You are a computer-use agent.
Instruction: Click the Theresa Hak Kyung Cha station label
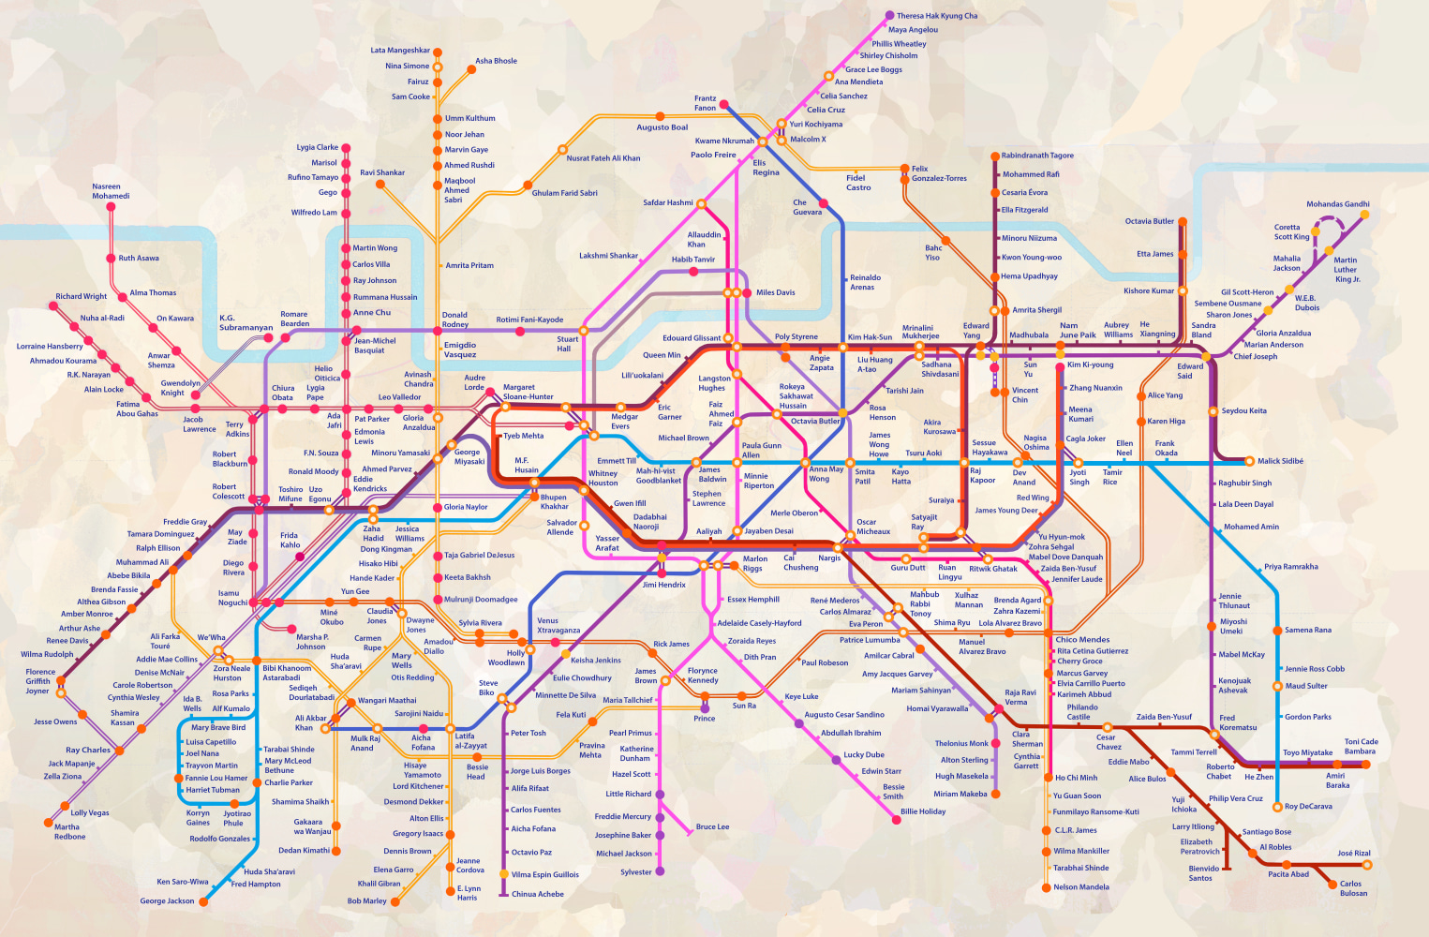point(936,16)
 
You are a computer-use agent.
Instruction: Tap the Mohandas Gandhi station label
point(1337,204)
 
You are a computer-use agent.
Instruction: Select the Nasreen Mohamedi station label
point(111,191)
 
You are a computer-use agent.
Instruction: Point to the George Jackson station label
point(167,901)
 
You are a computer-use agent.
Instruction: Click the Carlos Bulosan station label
point(1353,888)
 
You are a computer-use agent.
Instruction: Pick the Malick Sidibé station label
point(1281,461)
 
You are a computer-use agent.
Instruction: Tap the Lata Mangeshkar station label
point(400,51)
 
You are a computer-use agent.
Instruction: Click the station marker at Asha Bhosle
point(470,68)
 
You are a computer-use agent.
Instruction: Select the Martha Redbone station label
point(69,832)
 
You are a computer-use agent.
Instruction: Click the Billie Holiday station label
point(923,811)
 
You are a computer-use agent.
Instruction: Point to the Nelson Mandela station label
point(1080,887)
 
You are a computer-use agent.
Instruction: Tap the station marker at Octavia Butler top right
point(1183,222)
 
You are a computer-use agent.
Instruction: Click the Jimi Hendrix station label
point(663,585)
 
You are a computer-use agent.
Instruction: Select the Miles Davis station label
point(775,292)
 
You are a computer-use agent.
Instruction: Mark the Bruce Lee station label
point(712,827)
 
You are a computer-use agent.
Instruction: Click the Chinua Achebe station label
point(537,894)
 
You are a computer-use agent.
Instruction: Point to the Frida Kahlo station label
point(290,540)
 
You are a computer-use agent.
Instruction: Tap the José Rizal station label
point(1353,854)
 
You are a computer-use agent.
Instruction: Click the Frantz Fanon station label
point(705,103)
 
